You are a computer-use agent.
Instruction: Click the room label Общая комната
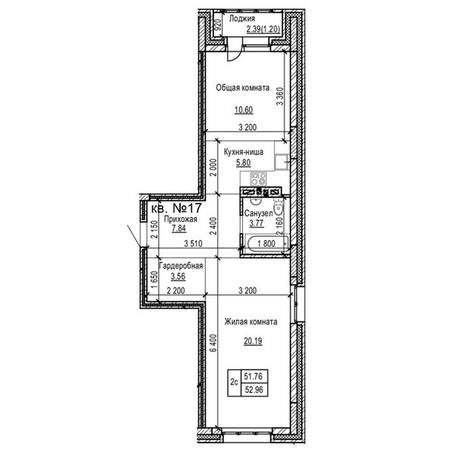(x=243, y=88)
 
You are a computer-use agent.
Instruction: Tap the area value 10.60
(x=244, y=110)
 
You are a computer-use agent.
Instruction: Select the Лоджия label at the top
(x=242, y=18)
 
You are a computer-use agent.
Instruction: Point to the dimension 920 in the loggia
(x=219, y=25)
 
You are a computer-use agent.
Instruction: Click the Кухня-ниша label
(x=244, y=152)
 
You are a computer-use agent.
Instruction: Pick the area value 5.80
(x=243, y=163)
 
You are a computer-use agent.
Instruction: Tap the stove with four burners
(x=258, y=179)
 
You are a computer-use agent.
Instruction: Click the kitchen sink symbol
(x=281, y=161)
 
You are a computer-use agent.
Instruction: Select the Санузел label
(x=258, y=213)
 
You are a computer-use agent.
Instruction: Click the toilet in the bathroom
(x=278, y=207)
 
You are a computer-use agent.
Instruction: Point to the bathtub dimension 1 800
(x=266, y=244)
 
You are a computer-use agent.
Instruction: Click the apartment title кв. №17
(x=176, y=208)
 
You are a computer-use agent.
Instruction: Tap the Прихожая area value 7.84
(x=179, y=229)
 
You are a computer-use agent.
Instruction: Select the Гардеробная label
(x=181, y=266)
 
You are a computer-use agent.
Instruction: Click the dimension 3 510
(x=193, y=244)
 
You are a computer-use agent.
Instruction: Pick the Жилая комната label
(x=250, y=322)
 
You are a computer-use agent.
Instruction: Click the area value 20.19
(x=253, y=341)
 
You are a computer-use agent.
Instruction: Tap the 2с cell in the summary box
(x=234, y=382)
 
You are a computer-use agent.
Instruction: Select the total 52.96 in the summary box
(x=254, y=390)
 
